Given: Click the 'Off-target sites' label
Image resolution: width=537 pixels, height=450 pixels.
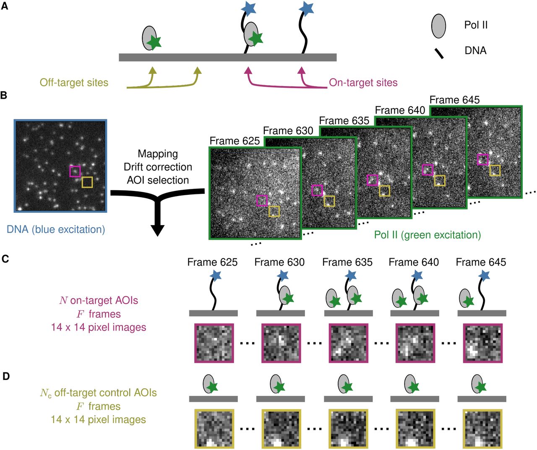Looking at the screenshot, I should [x=74, y=83].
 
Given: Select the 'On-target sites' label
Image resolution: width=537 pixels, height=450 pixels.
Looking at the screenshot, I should [x=363, y=83].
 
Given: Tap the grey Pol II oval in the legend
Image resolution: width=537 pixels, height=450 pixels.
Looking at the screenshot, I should [x=438, y=26].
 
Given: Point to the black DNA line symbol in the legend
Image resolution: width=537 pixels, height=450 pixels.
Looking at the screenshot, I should [x=439, y=54].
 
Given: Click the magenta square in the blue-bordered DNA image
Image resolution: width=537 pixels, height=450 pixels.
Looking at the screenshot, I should [x=75, y=171].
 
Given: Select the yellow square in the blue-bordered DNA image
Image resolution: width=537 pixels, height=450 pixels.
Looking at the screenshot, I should [x=87, y=182].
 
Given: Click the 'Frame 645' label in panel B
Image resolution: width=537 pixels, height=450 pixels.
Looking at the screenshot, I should [x=454, y=100].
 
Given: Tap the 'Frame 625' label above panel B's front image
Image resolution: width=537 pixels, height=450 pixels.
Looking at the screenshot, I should [x=235, y=141].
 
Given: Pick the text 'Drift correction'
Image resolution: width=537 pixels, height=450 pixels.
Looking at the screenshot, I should [x=158, y=167].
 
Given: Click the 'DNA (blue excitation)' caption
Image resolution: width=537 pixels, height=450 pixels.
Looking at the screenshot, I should [x=56, y=230].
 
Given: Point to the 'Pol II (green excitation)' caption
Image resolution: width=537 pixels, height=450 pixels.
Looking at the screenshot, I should [x=427, y=235].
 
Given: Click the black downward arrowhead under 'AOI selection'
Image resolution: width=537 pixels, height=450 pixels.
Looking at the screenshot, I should [x=158, y=230].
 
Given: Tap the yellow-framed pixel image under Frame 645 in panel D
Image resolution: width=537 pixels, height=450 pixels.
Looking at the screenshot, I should [x=482, y=429].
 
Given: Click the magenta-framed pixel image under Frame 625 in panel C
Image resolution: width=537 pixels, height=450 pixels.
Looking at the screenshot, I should [x=214, y=343].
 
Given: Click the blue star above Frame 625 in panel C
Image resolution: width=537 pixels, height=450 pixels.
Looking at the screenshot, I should [x=216, y=275].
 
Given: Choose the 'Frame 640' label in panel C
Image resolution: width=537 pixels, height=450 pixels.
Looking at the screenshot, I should [x=414, y=262].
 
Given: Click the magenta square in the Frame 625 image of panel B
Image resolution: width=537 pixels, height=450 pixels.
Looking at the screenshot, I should [x=262, y=201].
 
